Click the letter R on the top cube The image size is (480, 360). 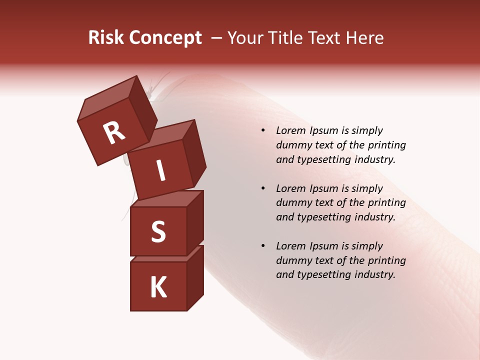[x=114, y=133]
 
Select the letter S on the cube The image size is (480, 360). [x=158, y=231]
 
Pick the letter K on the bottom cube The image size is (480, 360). [x=158, y=287]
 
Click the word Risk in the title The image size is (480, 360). [x=106, y=38]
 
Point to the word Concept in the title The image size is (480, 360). [x=165, y=38]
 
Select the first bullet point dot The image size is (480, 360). [x=263, y=131]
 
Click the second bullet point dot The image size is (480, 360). [x=263, y=188]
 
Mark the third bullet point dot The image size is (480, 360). [x=263, y=246]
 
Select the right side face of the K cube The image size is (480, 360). [x=195, y=277]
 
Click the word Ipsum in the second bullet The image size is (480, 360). [x=324, y=188]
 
